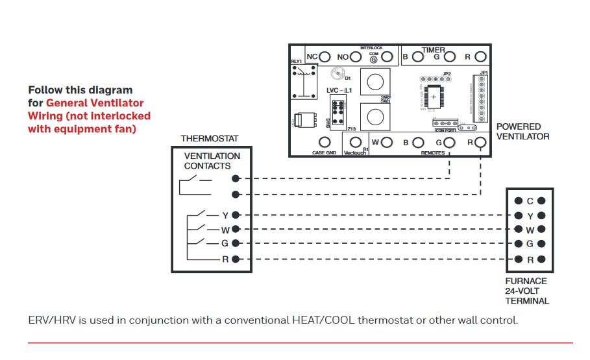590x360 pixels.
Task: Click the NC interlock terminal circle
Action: coord(325,57)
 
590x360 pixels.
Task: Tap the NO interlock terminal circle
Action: coord(356,57)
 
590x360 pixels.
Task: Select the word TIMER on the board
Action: coord(434,50)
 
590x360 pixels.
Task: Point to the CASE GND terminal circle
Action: coord(325,142)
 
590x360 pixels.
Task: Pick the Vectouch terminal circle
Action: coord(355,142)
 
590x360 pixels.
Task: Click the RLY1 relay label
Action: coord(297,61)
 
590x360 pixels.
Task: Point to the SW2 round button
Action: coord(374,82)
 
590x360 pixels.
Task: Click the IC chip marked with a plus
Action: coord(434,96)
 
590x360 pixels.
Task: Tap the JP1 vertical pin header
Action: coord(482,98)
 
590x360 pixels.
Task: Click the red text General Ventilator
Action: coord(95,103)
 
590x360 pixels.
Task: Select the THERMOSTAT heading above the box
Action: coord(210,139)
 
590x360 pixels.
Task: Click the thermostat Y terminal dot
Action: coord(236,215)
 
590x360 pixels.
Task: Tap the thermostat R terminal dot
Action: coord(236,259)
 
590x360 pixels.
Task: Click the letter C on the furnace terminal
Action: coord(530,201)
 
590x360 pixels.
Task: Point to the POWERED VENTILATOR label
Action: coord(522,132)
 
